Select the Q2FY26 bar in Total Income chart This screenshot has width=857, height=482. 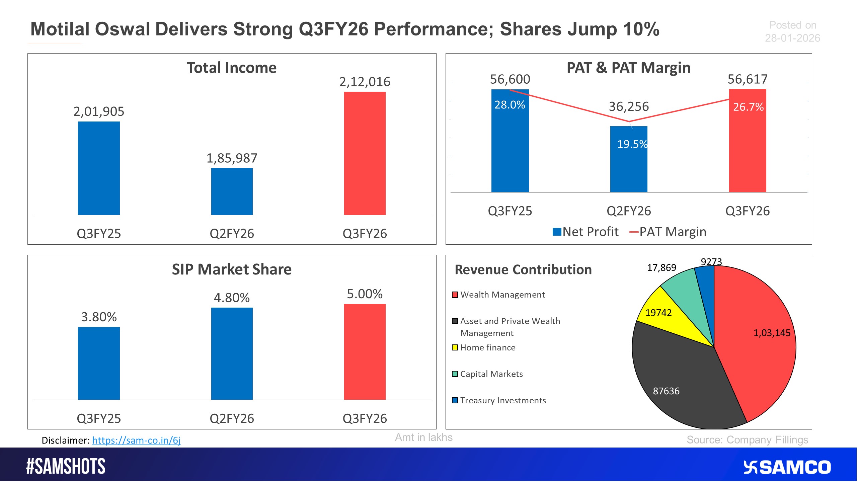point(232,191)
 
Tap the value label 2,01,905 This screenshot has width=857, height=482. point(99,111)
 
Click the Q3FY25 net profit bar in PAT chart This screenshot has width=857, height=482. point(510,147)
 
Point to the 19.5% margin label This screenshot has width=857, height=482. point(632,144)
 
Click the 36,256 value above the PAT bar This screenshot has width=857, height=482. point(629,106)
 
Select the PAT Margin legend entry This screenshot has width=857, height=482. point(668,232)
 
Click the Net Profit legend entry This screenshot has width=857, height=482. point(586,232)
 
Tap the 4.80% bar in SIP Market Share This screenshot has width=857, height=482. point(232,353)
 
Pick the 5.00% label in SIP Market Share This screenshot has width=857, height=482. point(365,294)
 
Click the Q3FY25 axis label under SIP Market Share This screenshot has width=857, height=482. point(99,418)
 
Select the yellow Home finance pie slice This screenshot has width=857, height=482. point(666,318)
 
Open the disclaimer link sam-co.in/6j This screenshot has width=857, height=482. point(136,440)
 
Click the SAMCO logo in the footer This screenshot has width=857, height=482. point(787,467)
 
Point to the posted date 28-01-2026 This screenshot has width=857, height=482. point(792,38)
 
